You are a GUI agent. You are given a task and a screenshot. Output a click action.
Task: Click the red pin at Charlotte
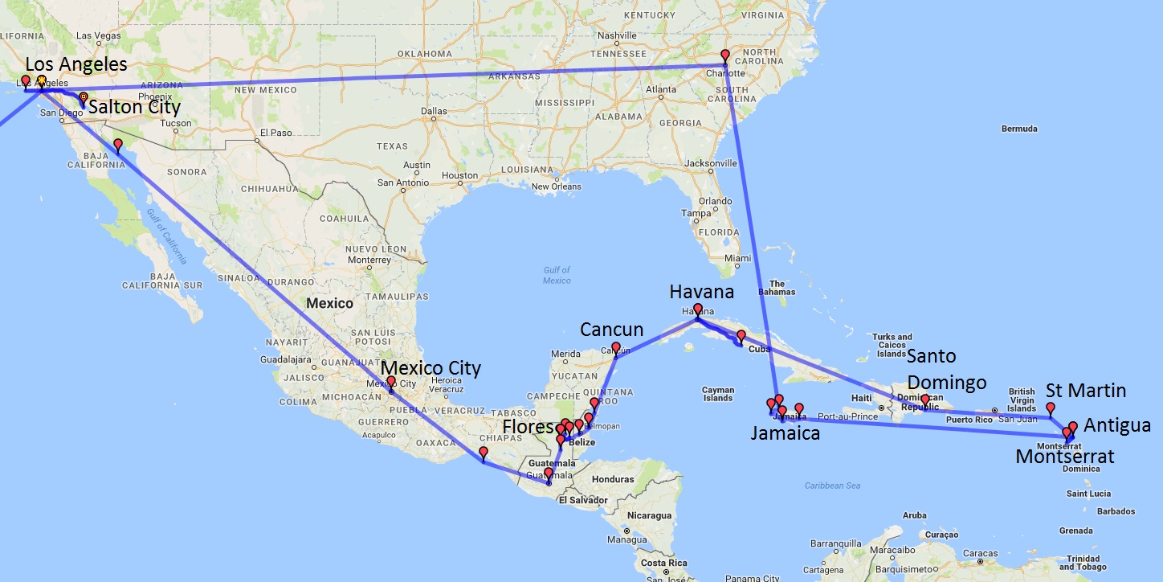725,55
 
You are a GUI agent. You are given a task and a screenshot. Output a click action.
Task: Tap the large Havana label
701,291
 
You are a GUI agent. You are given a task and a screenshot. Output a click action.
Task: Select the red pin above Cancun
616,348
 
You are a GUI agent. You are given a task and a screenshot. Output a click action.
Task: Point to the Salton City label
134,107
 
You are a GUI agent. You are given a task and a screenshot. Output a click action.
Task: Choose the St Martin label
1086,391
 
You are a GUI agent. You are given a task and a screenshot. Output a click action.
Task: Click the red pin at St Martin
1050,408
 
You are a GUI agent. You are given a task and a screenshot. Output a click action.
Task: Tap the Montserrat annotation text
1064,457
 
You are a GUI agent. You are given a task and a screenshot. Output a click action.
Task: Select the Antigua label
1117,425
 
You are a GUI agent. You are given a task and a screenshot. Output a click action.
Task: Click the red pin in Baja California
118,145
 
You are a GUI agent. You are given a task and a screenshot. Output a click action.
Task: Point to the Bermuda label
1019,129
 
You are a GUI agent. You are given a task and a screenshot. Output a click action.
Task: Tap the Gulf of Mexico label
557,276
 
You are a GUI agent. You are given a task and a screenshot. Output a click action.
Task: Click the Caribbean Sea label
832,486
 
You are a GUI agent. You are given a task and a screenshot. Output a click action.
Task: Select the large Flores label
528,427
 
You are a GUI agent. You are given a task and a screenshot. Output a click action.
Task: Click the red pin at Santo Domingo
924,400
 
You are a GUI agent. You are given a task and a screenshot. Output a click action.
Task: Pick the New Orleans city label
556,186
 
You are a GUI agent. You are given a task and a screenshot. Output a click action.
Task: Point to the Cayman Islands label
717,393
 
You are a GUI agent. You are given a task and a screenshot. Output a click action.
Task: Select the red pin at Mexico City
391,382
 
